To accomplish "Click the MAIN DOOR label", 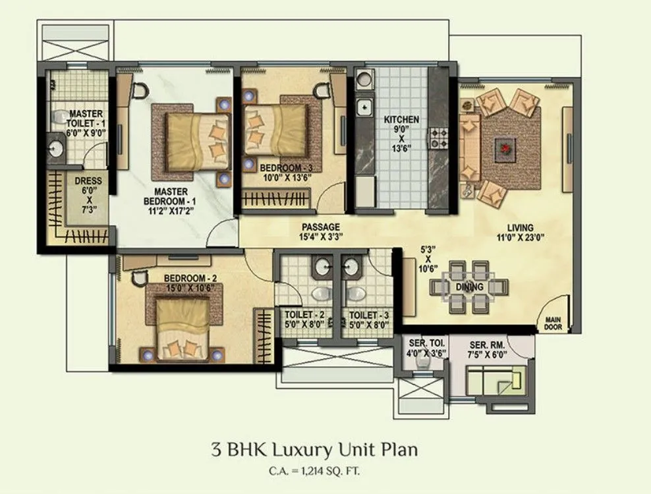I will click(552, 323).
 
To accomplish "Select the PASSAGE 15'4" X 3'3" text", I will click(321, 231).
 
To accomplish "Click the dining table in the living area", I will click(469, 287).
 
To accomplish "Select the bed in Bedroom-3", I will click(275, 129).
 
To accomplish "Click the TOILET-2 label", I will click(304, 319).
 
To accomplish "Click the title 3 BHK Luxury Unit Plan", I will click(314, 451).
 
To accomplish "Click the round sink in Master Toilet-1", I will click(56, 149).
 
